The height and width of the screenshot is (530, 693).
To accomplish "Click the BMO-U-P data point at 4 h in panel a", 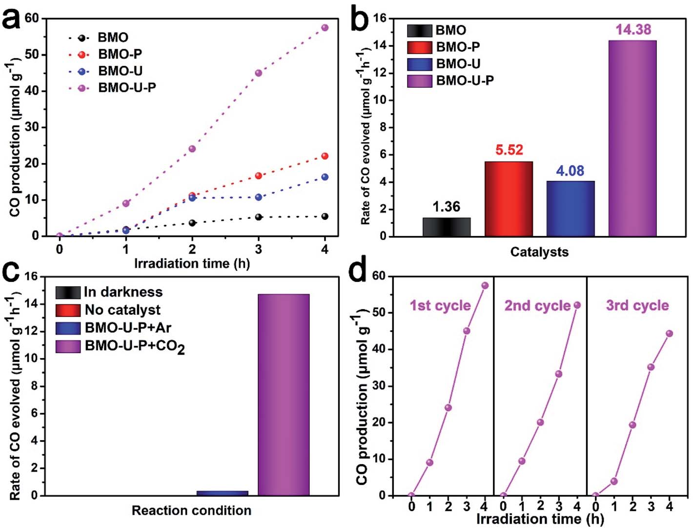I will pos(325,28).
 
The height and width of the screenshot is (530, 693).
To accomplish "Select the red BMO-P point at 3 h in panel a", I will pos(259,176).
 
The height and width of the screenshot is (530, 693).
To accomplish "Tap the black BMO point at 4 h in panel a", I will pos(325,216).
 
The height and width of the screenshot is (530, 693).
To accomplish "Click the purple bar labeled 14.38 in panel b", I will pos(632,139).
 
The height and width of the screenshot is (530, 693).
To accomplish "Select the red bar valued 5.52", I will pos(509,199).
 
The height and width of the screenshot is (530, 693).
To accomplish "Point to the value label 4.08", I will pos(570,171).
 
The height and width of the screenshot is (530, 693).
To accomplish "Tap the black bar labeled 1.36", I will pos(447,227).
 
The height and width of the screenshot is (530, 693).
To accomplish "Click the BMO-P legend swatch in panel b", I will pos(420,47).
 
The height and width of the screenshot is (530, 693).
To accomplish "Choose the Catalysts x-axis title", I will pos(539,252).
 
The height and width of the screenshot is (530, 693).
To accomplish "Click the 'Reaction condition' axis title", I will pos(191,511).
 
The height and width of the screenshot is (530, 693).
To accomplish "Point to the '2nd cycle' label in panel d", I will pos(537,306).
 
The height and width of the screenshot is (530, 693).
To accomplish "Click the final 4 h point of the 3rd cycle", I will pos(669,334).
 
